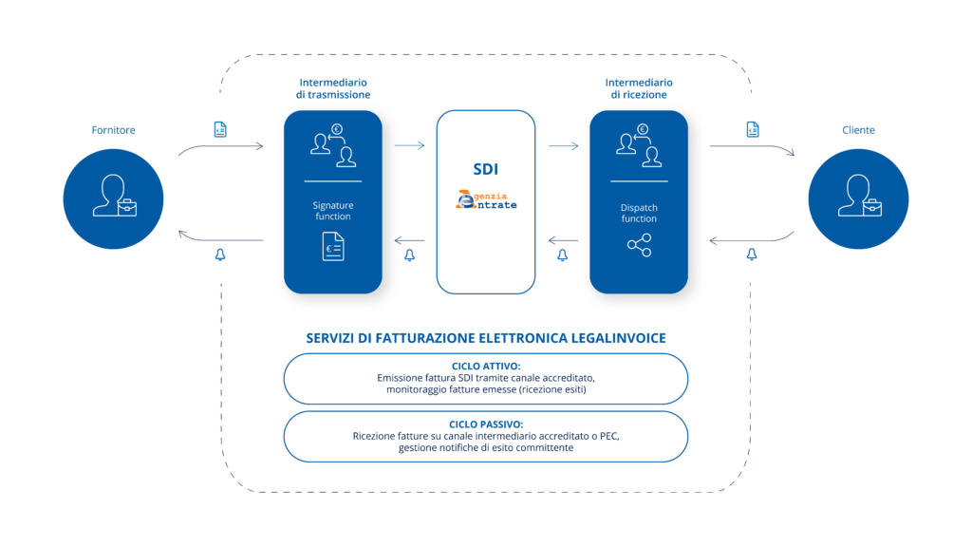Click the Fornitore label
[113, 130]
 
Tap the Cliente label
[858, 130]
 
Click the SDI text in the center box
[486, 170]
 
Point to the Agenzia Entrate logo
[486, 200]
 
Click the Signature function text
[332, 210]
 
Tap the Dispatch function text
[639, 213]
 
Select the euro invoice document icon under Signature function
[332, 247]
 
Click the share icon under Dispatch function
[639, 246]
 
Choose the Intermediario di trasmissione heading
[334, 88]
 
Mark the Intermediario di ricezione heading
[638, 88]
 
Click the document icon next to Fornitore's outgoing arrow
[220, 129]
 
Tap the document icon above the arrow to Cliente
[752, 129]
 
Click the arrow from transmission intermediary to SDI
[409, 145]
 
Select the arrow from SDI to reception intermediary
[563, 145]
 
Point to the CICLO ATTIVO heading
[486, 366]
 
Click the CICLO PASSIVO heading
[486, 424]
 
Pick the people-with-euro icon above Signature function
[332, 145]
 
